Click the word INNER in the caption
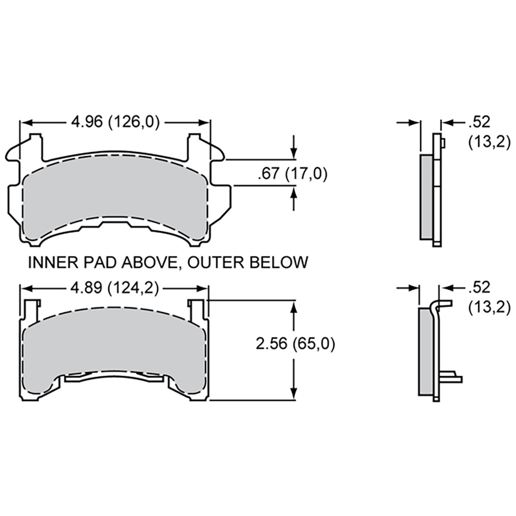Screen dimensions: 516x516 pos(53,262)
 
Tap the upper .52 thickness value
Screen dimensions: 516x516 pos(479,122)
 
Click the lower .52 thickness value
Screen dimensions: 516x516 pos(479,288)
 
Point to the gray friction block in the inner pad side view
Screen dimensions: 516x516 pos(427,197)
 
